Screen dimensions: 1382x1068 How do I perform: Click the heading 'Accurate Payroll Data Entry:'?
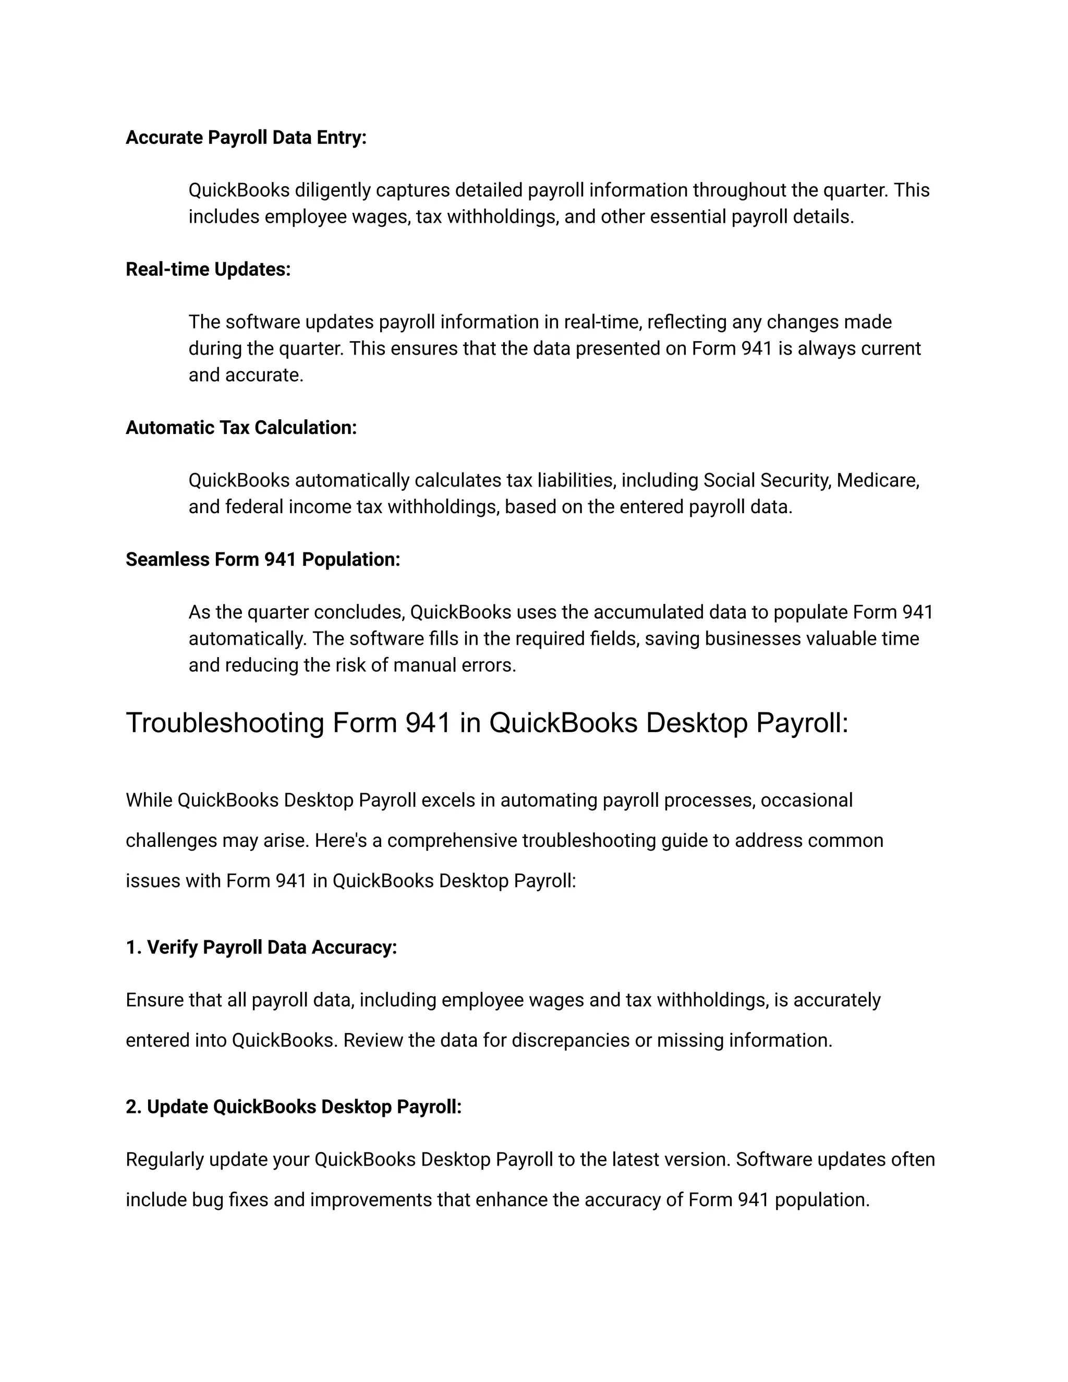click(x=246, y=137)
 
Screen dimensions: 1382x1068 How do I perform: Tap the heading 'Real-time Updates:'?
click(x=208, y=269)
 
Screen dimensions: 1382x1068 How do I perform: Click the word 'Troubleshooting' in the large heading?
click(x=225, y=723)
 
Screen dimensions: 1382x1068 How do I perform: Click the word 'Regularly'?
click(x=164, y=1159)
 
